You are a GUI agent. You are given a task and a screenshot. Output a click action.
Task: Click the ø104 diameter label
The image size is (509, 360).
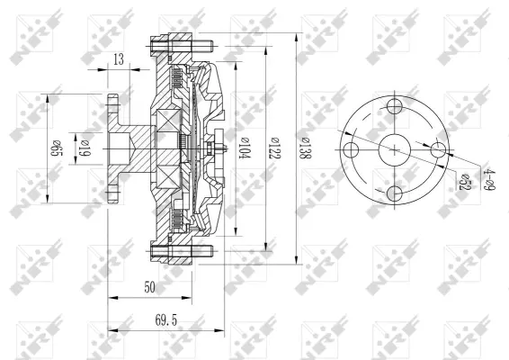pyautogui.click(x=244, y=147)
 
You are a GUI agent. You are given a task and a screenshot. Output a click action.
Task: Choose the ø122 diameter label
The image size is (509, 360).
pyautogui.click(x=273, y=147)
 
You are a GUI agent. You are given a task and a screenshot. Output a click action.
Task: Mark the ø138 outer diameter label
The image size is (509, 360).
pyautogui.click(x=304, y=147)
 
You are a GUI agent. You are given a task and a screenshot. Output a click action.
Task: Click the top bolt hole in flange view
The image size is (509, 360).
pyautogui.click(x=395, y=106)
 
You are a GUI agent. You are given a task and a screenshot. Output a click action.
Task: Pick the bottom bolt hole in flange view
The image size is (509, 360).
pyautogui.click(x=395, y=193)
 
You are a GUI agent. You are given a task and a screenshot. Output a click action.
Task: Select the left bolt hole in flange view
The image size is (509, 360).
pyautogui.click(x=352, y=149)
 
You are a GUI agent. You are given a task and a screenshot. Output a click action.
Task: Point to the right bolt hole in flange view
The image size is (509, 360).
pyautogui.click(x=438, y=149)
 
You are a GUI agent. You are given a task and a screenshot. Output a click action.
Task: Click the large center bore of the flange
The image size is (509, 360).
pyautogui.click(x=395, y=149)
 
